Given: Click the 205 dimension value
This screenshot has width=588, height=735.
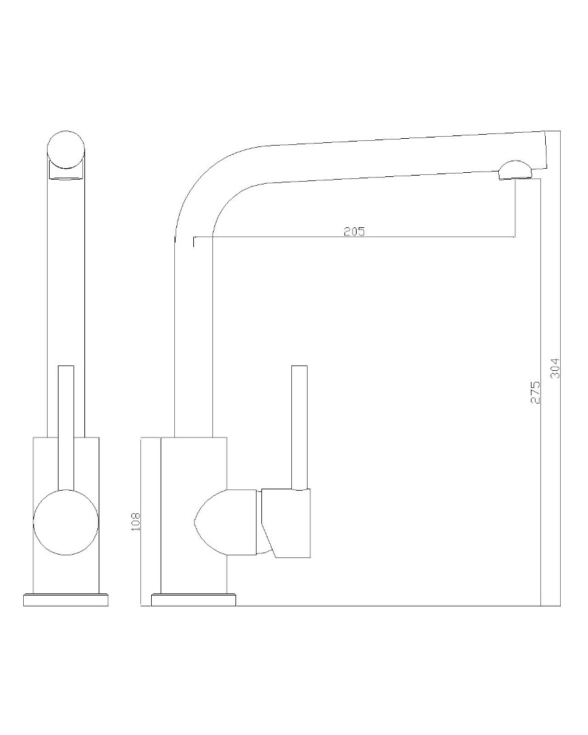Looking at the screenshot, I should click(354, 231).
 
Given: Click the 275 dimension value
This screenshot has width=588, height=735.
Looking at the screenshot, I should click(535, 393).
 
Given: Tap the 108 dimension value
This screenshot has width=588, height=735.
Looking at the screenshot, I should click(135, 521).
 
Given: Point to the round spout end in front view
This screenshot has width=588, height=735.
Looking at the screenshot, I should click(66, 149).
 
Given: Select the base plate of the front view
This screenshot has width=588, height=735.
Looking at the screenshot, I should click(66, 600).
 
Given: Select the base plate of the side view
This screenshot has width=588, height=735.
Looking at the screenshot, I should click(194, 600).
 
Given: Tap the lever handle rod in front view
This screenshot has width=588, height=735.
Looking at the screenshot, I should click(66, 408).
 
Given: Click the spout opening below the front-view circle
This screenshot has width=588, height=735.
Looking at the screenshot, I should click(66, 177).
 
